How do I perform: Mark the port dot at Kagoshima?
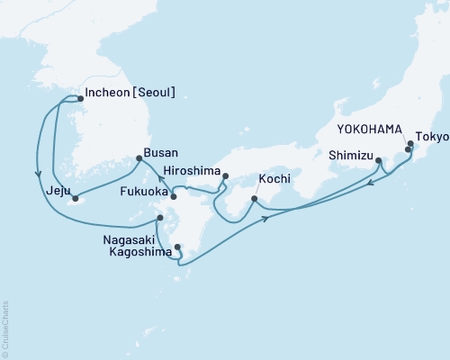176,246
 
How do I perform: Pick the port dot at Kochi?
254,199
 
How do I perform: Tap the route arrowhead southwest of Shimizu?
371,184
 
